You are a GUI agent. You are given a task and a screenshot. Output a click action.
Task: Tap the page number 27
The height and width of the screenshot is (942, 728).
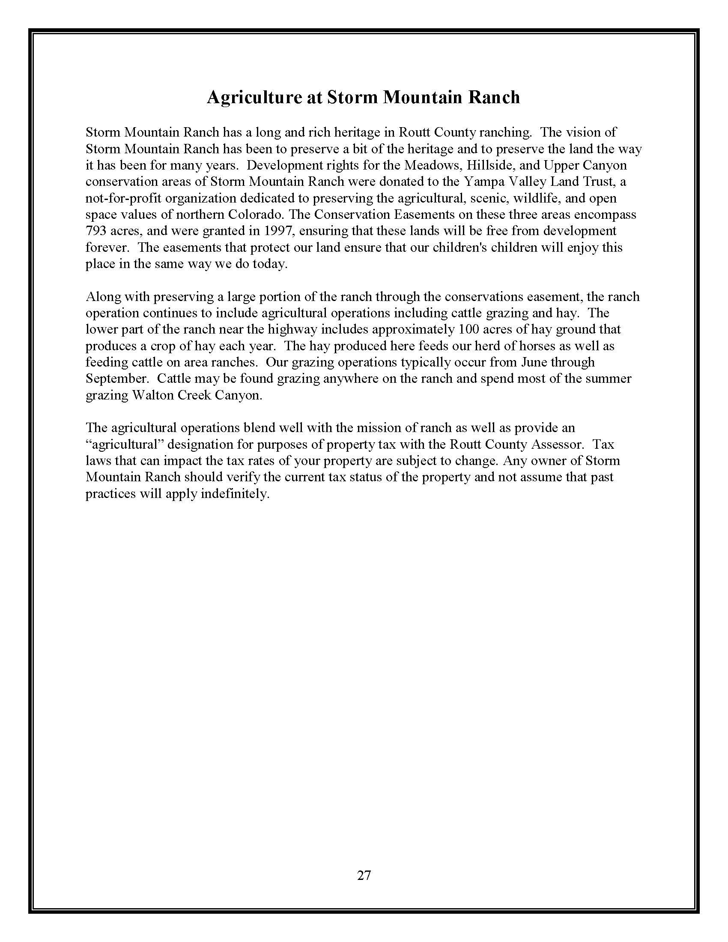(364, 875)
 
